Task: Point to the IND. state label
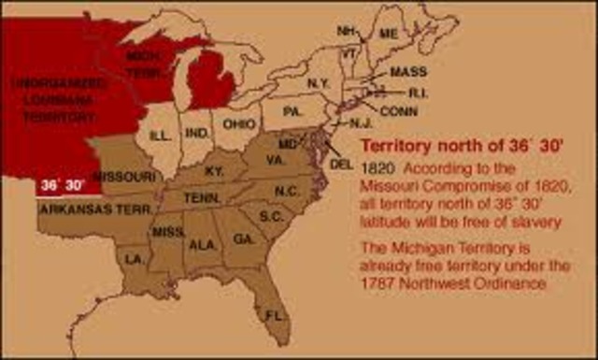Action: coord(198,134)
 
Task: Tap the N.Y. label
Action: coord(318,83)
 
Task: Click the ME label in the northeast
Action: coord(388,34)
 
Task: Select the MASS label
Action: coord(408,72)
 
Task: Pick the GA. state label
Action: coord(245,238)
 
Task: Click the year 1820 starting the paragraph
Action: coord(376,170)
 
